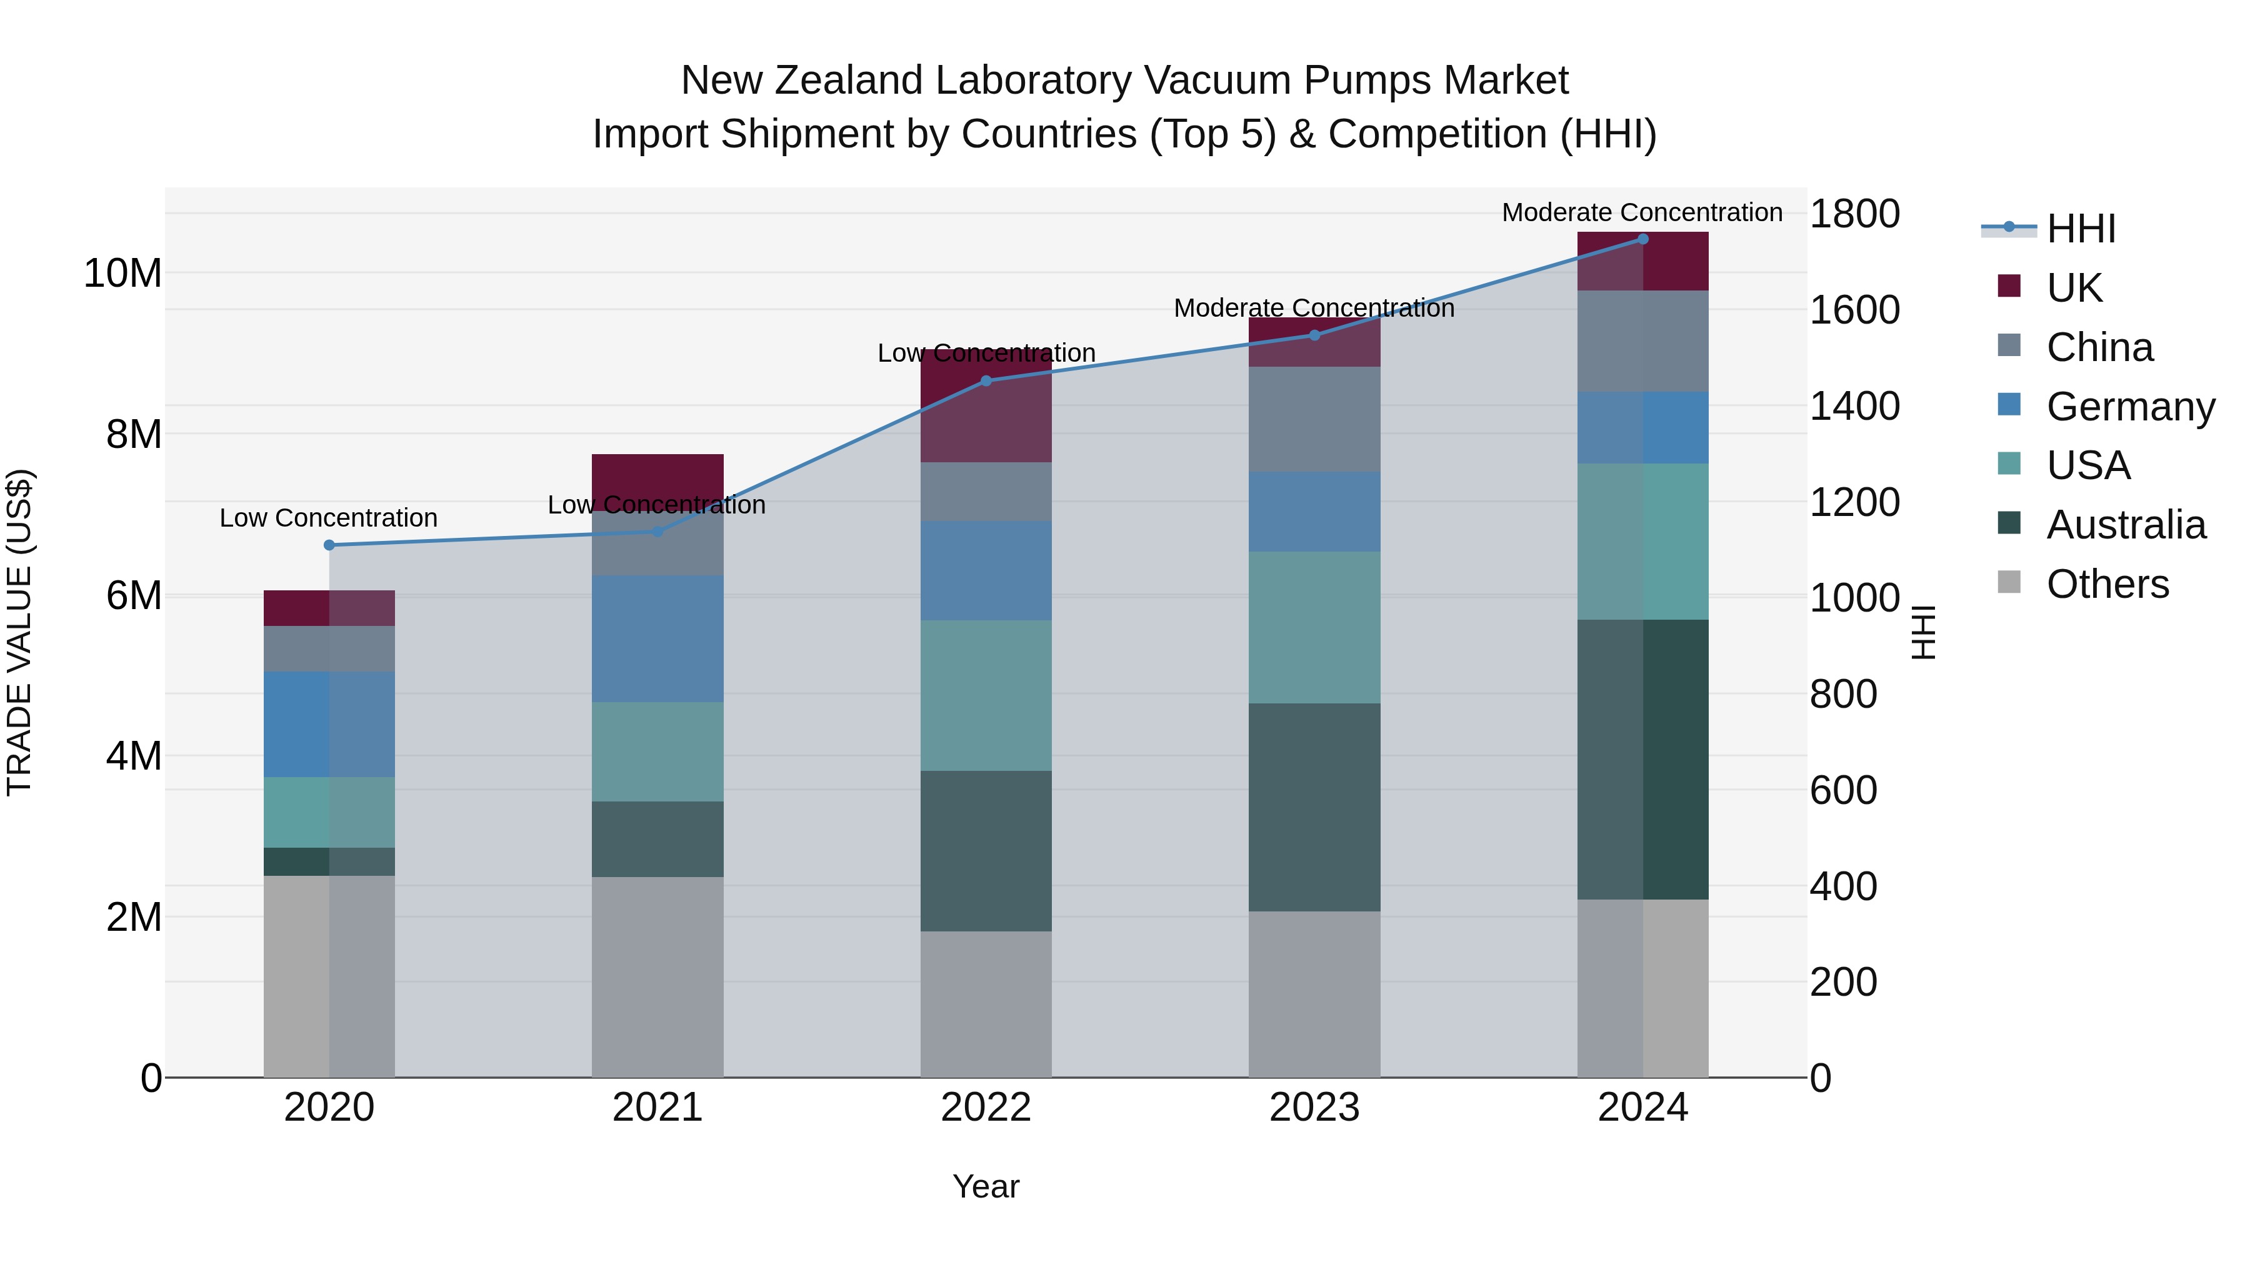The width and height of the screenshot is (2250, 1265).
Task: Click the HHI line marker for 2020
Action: coord(329,545)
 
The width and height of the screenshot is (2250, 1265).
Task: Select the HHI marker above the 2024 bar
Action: coord(1642,239)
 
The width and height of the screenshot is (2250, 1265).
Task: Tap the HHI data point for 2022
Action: coord(986,380)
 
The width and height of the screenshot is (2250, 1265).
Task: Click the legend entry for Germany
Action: coord(2129,407)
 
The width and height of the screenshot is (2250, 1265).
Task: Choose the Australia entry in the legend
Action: coord(2125,525)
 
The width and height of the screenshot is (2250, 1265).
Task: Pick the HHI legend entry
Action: coord(2081,229)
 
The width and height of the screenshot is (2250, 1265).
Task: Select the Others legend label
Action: coord(2107,584)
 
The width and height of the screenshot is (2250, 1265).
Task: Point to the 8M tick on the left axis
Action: coord(134,434)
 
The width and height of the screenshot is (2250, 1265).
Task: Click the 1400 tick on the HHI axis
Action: coord(1854,406)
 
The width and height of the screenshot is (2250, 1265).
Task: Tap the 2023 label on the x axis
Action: coord(1314,1108)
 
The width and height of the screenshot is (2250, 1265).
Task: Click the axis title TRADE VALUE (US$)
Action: coord(19,632)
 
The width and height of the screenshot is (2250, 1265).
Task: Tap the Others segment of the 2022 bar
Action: coord(986,1004)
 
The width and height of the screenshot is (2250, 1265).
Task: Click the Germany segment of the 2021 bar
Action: coord(657,638)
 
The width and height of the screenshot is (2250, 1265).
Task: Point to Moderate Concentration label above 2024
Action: coord(1641,212)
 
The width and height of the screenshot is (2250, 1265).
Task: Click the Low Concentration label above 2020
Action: coord(328,518)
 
